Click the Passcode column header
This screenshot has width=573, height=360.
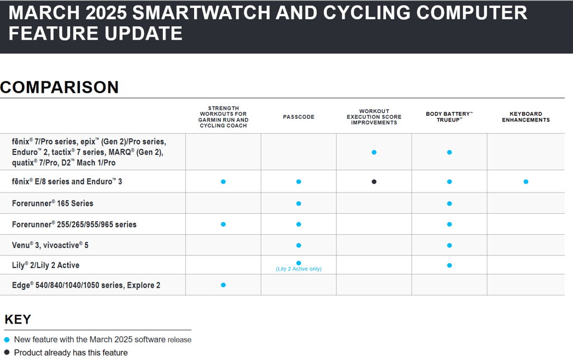pos(298,117)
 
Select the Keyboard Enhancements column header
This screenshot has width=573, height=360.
pos(525,117)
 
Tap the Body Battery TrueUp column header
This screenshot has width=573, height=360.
pos(449,117)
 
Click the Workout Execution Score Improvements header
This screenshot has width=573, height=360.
pos(374,117)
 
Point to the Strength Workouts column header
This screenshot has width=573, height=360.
pos(223,117)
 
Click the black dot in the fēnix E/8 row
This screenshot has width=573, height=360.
pos(374,181)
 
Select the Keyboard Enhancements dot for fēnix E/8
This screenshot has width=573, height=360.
pos(525,181)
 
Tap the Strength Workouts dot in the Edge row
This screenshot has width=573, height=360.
pos(223,285)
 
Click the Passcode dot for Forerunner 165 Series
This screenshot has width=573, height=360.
pos(298,203)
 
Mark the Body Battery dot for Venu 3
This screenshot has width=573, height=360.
pos(449,245)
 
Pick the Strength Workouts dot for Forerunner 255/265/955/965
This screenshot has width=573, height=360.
pos(223,224)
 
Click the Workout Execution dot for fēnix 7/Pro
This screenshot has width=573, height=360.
pos(374,152)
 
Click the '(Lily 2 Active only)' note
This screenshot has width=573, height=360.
pos(298,269)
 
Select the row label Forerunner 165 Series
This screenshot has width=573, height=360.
pos(53,203)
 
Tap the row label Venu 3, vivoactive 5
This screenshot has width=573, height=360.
pos(50,245)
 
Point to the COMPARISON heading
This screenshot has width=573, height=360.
pos(59,87)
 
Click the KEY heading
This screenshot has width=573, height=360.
pos(18,320)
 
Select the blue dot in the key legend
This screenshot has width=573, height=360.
pos(7,340)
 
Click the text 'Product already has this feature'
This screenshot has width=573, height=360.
pos(71,353)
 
